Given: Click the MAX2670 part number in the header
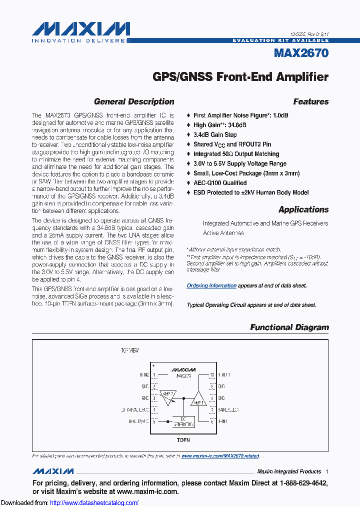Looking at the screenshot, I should coord(301,53).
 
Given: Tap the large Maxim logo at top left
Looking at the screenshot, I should coord(81,28).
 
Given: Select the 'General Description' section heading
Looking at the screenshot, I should coord(134,101).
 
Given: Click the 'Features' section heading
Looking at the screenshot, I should coord(310,101).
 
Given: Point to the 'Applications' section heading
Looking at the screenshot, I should coord(303,209).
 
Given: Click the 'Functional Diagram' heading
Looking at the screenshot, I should coord(289,327).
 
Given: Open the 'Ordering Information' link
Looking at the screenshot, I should coord(211,285).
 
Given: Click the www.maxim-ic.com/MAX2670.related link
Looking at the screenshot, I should coord(220,456).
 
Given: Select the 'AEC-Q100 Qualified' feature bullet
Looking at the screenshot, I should coord(219,183).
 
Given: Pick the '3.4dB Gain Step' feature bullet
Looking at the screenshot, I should coord(215,135).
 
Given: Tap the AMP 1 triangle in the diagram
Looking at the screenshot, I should coord(199,401).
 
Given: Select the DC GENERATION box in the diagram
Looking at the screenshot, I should coord(183,421).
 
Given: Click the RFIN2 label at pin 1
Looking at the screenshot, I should coord(144,374).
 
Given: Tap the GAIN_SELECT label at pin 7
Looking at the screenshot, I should coord(229,409).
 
